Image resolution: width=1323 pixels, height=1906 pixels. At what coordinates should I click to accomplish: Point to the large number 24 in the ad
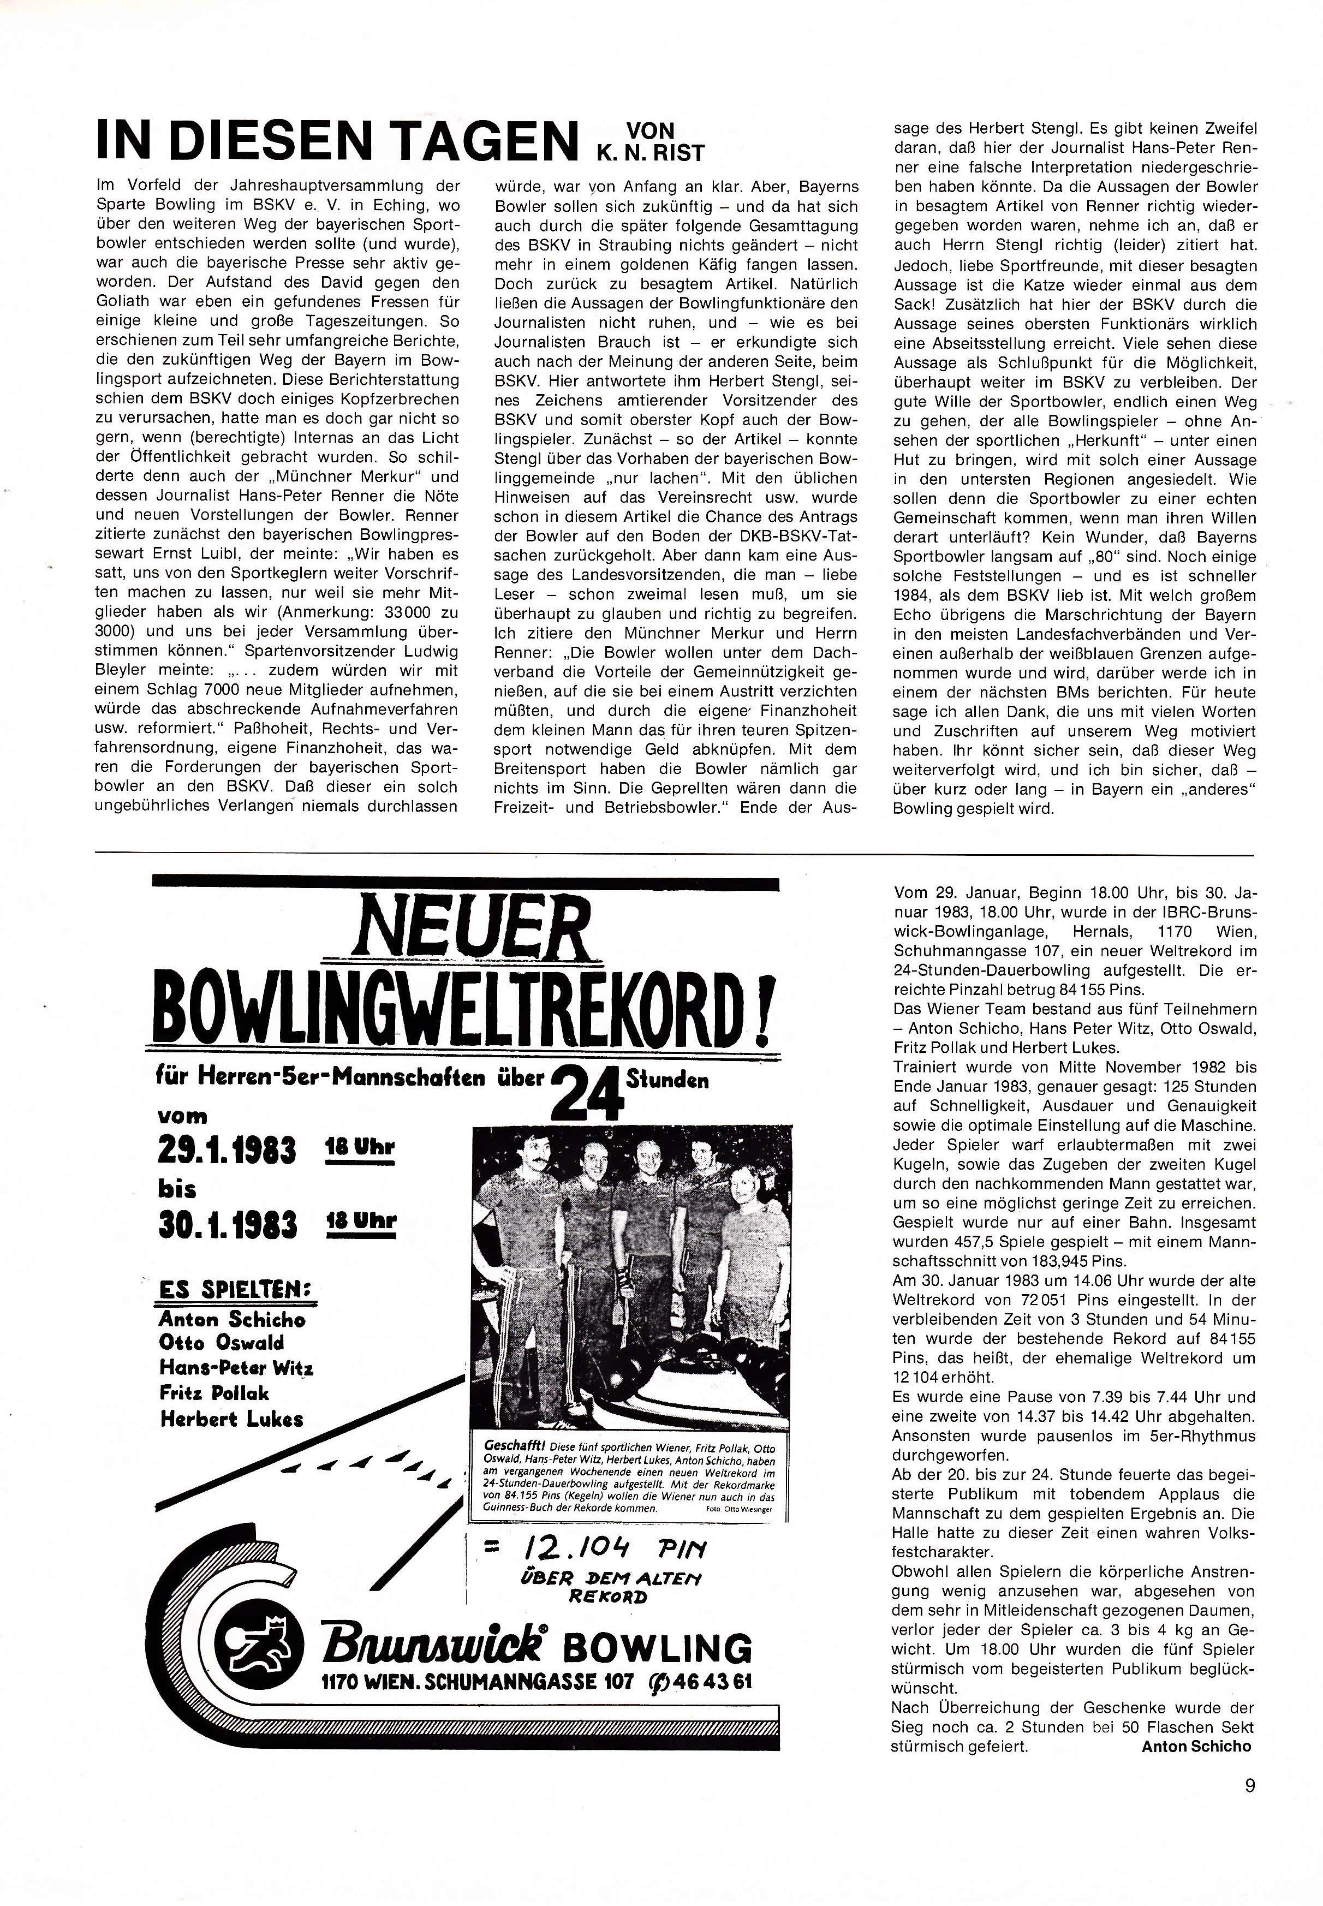[587, 1095]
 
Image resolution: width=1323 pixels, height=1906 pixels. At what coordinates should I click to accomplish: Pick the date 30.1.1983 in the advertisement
[227, 1224]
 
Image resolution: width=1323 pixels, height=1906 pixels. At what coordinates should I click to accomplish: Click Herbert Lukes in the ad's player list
[231, 1419]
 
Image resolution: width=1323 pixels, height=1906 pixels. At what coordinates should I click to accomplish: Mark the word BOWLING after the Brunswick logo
[657, 1647]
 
